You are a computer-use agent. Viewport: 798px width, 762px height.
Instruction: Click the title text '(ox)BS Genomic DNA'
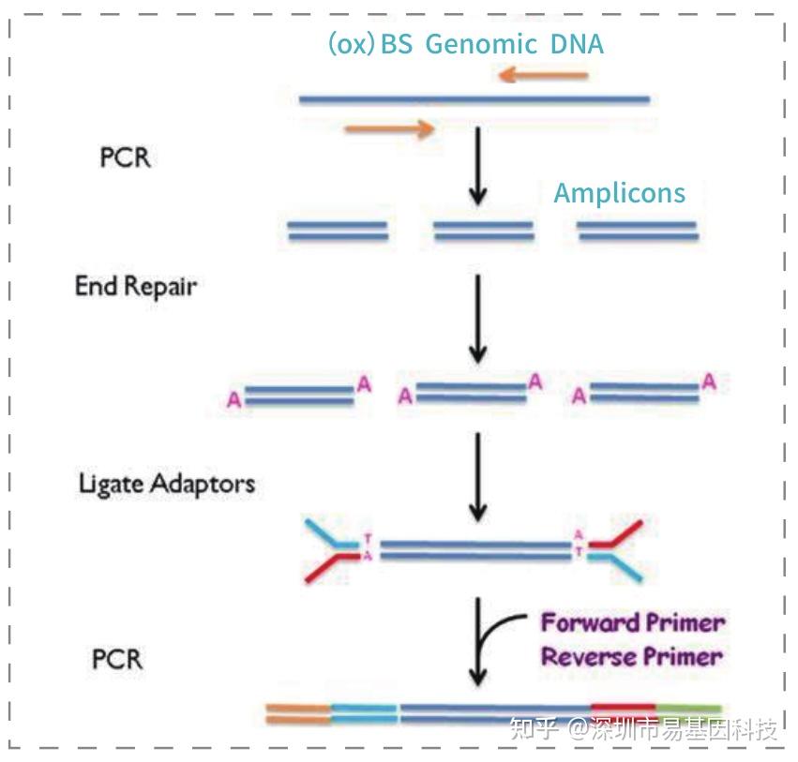pyautogui.click(x=465, y=44)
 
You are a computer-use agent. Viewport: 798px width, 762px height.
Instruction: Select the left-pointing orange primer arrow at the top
pyautogui.click(x=543, y=74)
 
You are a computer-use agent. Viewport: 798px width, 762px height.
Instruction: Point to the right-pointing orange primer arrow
pyautogui.click(x=390, y=128)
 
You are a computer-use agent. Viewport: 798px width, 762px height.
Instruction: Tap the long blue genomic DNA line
pyautogui.click(x=474, y=98)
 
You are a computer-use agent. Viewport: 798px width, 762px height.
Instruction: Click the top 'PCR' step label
pyautogui.click(x=125, y=157)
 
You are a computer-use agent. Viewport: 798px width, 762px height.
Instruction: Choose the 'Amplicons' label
pyautogui.click(x=619, y=193)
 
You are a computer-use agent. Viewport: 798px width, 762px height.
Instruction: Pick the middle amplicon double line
pyautogui.click(x=483, y=231)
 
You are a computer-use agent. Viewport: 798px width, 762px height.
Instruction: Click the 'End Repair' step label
pyautogui.click(x=136, y=286)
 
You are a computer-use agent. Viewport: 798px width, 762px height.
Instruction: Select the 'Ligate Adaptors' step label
pyautogui.click(x=166, y=484)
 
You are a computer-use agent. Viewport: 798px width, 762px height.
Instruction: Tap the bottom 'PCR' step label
pyautogui.click(x=117, y=659)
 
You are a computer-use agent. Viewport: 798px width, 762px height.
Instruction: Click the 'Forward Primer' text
pyautogui.click(x=633, y=622)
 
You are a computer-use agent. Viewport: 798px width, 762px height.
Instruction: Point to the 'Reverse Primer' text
pyautogui.click(x=632, y=656)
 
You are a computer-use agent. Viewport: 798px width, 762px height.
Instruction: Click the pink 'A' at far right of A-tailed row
pyautogui.click(x=710, y=381)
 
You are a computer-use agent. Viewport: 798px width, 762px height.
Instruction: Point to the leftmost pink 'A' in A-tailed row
pyautogui.click(x=233, y=400)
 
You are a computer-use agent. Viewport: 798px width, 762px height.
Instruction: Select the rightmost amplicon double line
pyautogui.click(x=638, y=231)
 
